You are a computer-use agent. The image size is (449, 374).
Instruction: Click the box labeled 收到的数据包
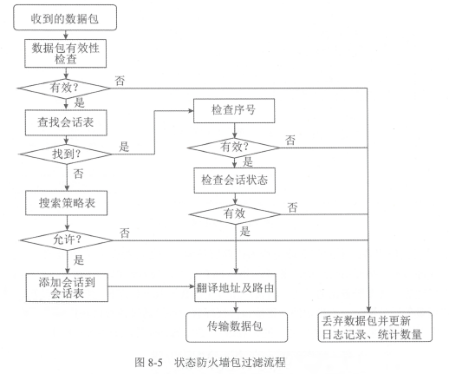tap(65, 17)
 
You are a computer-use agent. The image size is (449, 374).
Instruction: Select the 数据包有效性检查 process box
tap(66, 54)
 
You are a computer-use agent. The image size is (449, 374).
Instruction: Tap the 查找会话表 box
tap(66, 122)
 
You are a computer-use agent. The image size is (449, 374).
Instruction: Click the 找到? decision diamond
tap(66, 154)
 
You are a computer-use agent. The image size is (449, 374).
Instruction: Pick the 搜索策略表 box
tap(67, 203)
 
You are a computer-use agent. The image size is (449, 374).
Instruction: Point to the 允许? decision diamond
tap(67, 240)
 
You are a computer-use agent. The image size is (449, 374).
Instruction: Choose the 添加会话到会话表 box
tap(67, 287)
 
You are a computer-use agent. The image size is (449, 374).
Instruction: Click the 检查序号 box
tap(234, 110)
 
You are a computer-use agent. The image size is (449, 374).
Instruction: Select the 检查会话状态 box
tap(235, 180)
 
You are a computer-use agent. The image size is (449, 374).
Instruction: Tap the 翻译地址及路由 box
tap(235, 288)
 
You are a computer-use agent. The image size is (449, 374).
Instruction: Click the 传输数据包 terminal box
tap(237, 327)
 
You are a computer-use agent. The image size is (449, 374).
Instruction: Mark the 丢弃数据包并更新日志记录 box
tap(375, 327)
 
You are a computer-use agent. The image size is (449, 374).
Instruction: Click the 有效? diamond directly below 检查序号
tap(234, 148)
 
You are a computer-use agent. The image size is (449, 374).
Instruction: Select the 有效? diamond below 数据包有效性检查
tap(64, 88)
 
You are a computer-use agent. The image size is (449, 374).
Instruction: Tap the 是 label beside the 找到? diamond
tap(124, 147)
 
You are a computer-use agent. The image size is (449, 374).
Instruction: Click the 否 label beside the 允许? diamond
tap(125, 233)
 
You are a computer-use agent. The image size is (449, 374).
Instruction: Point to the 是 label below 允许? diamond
tap(79, 259)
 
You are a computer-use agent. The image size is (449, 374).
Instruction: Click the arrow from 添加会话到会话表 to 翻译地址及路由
tap(151, 286)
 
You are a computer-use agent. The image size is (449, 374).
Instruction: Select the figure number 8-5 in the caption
tap(155, 362)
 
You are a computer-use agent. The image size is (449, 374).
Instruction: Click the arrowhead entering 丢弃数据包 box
tap(368, 309)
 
